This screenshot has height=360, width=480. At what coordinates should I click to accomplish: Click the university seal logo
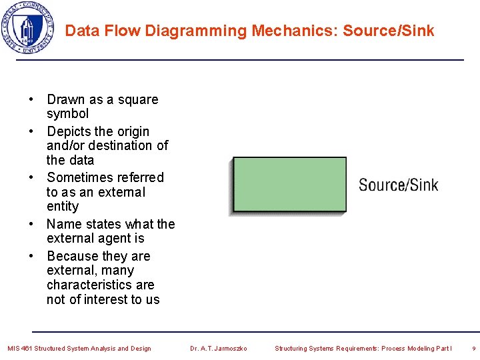point(27,28)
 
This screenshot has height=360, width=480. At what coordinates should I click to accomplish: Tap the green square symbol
point(289,185)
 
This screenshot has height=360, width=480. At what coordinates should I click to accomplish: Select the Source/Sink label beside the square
point(399,185)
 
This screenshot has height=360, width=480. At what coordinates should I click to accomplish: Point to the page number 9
point(473,348)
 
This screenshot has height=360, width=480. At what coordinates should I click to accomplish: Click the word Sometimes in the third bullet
point(78,177)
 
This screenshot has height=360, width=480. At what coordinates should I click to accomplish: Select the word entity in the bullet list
point(63,207)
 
